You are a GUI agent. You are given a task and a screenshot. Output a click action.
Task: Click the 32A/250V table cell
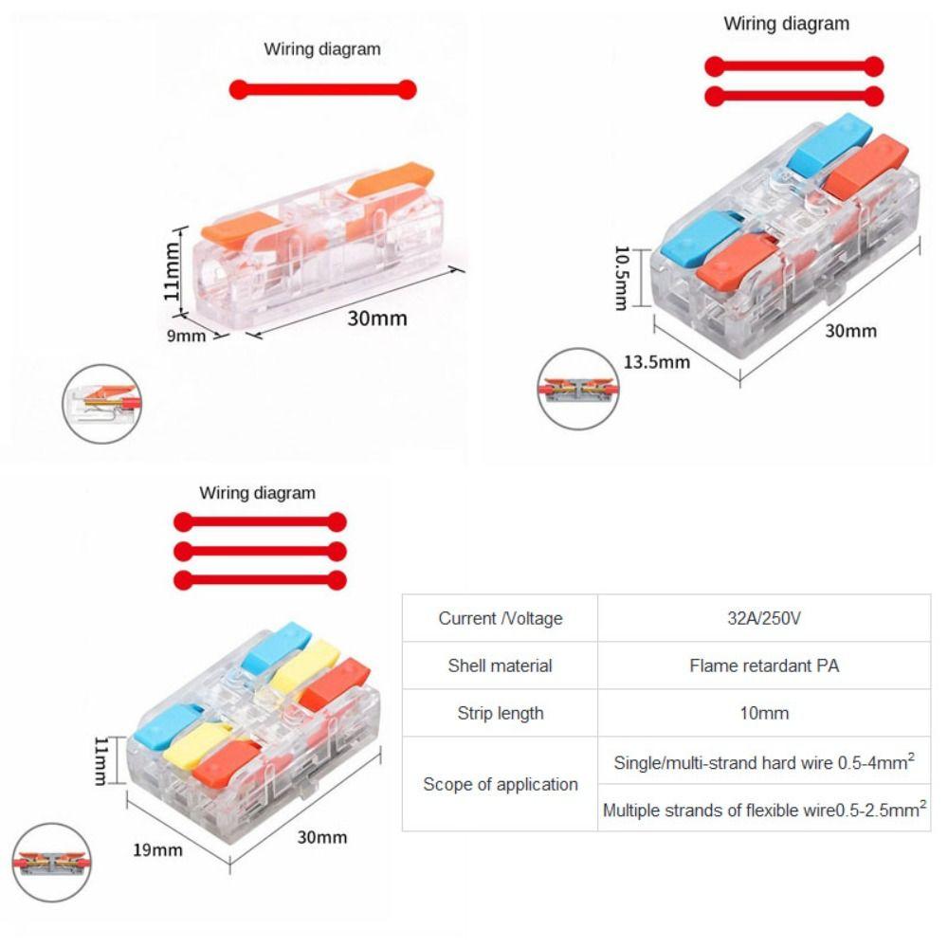point(764,618)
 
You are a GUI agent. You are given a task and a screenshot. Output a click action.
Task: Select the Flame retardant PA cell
point(764,665)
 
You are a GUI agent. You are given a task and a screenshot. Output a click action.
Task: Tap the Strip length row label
point(500,713)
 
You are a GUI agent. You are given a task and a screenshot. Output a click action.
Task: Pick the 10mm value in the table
point(764,713)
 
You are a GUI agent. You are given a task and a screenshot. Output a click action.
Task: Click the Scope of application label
point(500,784)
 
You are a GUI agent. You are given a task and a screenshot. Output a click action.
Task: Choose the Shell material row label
point(500,665)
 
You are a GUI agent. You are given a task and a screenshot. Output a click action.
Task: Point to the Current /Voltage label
point(500,618)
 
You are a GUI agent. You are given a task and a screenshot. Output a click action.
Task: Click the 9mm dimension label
point(187,335)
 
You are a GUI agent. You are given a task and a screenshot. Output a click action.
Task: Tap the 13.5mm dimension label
point(657,361)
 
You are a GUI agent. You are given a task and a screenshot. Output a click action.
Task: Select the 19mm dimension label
point(157,848)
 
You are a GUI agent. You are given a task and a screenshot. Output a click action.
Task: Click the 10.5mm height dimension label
point(621,278)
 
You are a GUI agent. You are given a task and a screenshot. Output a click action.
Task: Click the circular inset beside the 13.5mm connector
point(577,389)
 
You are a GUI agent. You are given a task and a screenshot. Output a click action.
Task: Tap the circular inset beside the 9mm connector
point(102,404)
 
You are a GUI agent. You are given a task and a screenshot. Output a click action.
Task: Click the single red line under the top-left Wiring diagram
point(322,90)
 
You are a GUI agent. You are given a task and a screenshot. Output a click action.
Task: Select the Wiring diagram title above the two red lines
point(786,24)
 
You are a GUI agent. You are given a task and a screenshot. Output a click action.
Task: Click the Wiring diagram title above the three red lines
point(257,493)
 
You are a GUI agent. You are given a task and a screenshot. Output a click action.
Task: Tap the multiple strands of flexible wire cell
point(764,809)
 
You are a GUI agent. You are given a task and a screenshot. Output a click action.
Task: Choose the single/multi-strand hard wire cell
point(764,761)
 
